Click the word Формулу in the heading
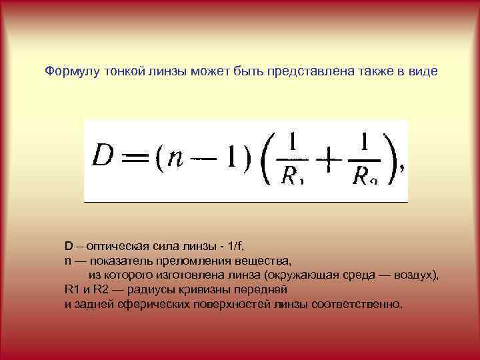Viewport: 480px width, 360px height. (x=72, y=71)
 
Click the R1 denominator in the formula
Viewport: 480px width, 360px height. (x=292, y=177)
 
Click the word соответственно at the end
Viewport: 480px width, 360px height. (x=361, y=305)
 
